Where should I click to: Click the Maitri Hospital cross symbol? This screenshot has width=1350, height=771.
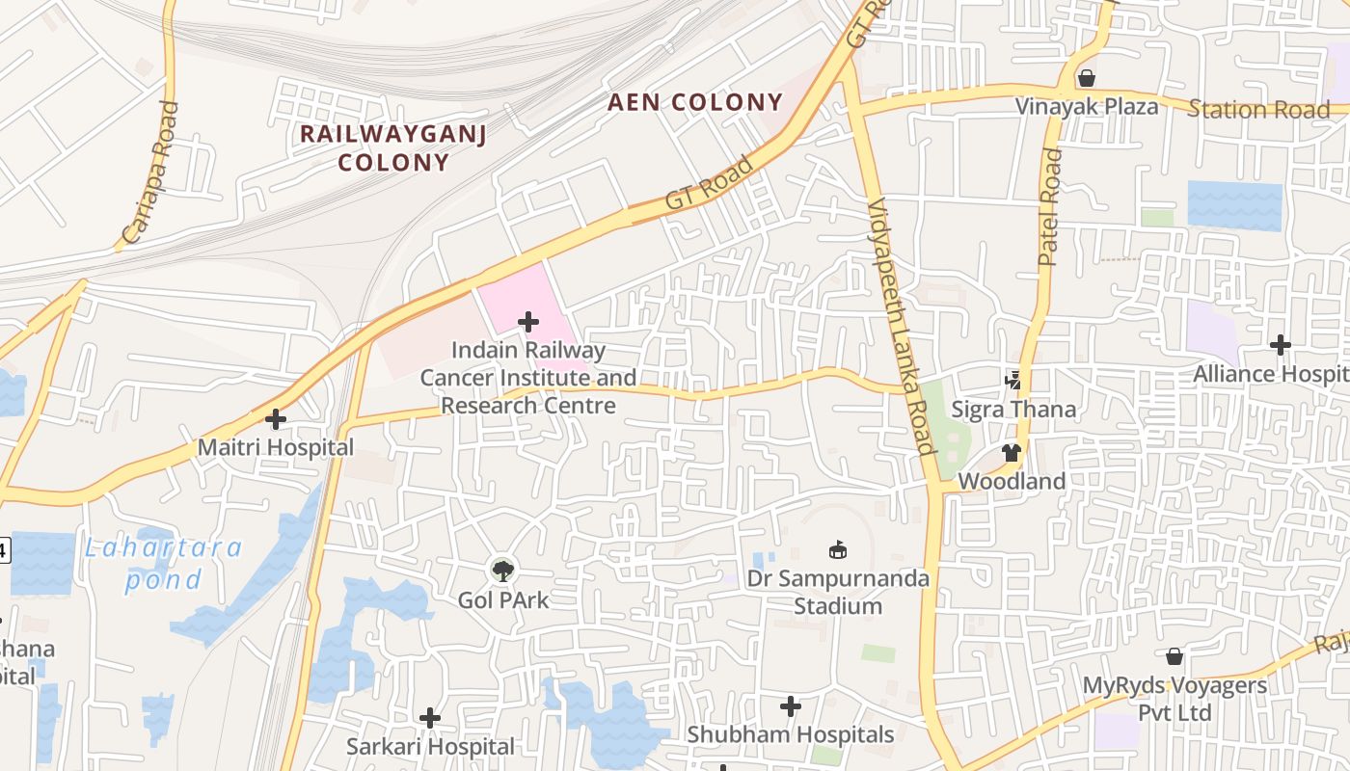276,419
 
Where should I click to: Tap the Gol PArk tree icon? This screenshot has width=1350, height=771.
502,571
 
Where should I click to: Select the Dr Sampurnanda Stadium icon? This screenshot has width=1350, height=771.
838,549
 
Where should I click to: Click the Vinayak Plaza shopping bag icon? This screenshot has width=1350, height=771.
1087,77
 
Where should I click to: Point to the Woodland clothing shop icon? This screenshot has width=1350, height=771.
1011,452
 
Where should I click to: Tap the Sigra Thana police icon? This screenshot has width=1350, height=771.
1012,380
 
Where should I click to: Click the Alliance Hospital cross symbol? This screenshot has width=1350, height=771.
1280,344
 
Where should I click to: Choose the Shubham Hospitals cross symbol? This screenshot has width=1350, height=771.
791,706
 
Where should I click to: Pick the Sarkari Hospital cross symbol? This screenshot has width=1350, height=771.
430,718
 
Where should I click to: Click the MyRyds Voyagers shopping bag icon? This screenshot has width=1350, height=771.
1174,656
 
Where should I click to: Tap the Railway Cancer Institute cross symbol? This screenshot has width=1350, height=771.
527,321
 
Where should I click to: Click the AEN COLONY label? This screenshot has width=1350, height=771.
695,102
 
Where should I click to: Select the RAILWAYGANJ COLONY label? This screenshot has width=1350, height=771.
393,147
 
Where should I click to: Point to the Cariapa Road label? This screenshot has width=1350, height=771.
151,173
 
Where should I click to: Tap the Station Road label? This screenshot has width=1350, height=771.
1258,109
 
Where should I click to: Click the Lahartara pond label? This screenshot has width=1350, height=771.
163,564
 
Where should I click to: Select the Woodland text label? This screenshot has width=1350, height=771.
1012,481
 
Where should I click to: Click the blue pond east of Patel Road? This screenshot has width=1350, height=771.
1234,205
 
